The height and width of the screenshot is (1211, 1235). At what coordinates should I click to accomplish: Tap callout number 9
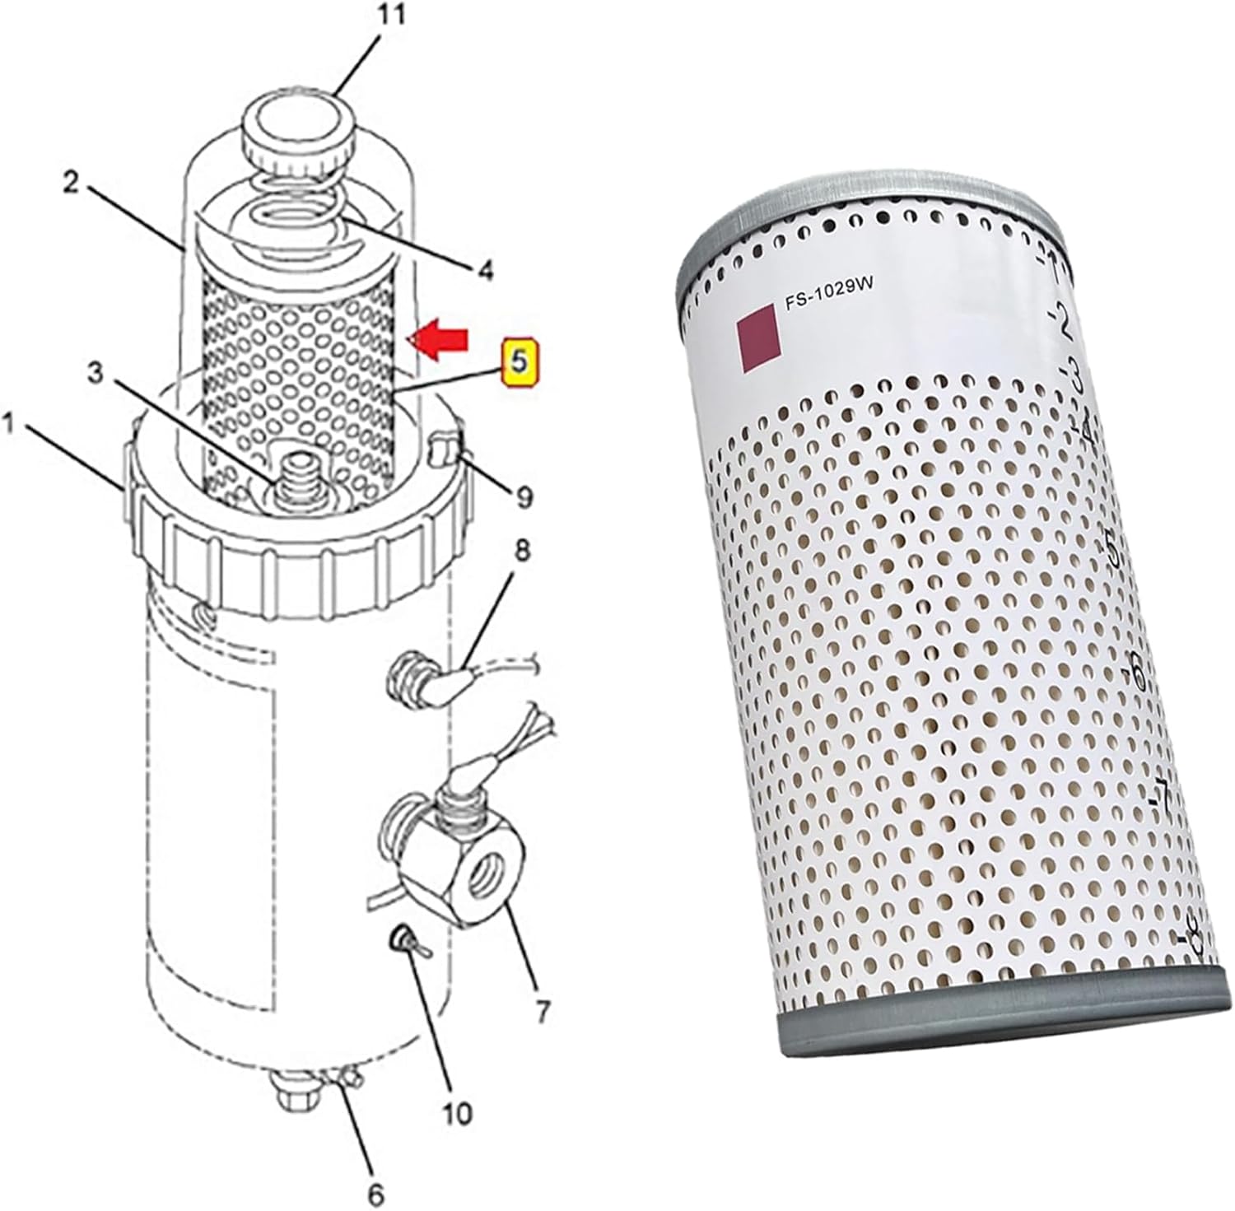click(524, 496)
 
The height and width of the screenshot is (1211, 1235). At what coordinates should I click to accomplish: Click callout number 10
click(458, 1112)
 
